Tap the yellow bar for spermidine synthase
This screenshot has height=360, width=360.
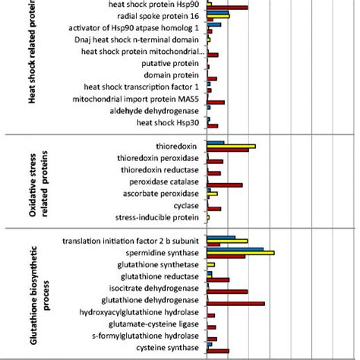click(x=241, y=252)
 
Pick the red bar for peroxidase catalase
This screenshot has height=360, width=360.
click(x=225, y=185)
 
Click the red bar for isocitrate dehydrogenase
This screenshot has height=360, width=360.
click(x=227, y=291)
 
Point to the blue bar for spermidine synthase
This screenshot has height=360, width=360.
click(x=235, y=248)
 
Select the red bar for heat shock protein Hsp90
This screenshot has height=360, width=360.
click(x=227, y=8)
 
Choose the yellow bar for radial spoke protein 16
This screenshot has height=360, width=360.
click(x=218, y=15)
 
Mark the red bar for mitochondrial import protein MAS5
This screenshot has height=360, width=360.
click(x=216, y=102)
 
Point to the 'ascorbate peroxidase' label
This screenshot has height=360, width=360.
click(x=160, y=194)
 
